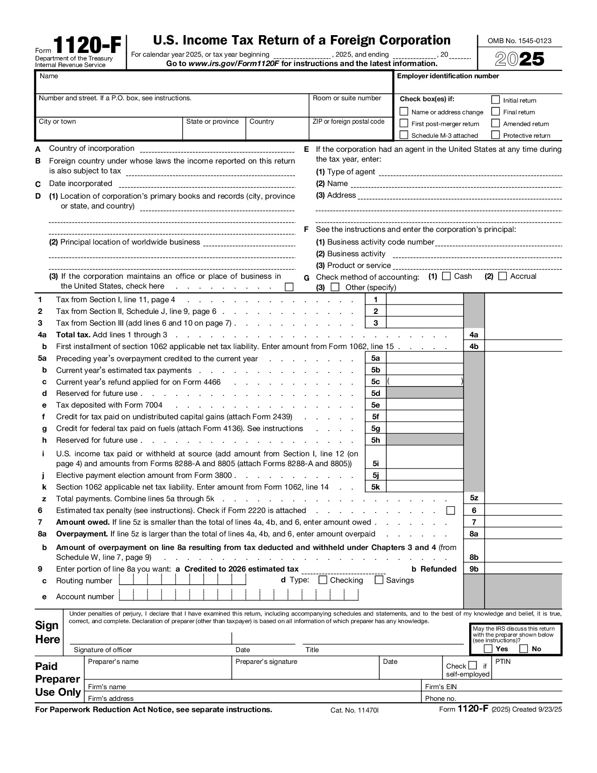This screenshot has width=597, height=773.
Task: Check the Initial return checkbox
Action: click(495, 100)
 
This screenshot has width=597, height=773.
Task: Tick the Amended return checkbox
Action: click(495, 123)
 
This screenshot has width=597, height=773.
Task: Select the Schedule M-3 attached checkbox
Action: click(404, 135)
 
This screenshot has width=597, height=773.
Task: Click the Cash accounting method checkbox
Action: click(446, 276)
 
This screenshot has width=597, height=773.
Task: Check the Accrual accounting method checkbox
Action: click(502, 276)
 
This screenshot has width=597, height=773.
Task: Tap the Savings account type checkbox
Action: click(379, 580)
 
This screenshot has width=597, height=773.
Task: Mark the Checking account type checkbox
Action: click(323, 580)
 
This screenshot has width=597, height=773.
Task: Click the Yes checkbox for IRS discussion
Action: click(488, 649)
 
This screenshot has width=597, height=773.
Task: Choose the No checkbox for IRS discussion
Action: click(524, 649)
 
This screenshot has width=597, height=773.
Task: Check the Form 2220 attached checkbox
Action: click(450, 510)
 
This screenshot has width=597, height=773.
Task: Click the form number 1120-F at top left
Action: click(87, 47)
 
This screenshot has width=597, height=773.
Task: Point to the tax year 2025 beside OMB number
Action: click(520, 59)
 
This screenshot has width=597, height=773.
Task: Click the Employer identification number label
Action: click(448, 76)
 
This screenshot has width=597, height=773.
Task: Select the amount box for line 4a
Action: click(523, 334)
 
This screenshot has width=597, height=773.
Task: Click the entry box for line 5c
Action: click(425, 381)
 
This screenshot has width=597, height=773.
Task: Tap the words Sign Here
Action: click(48, 632)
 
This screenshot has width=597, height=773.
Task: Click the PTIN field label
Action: click(503, 662)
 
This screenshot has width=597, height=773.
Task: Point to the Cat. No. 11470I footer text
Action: click(354, 710)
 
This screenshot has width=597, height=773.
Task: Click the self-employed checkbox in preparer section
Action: click(472, 665)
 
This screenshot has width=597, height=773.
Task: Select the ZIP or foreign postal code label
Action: click(348, 122)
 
